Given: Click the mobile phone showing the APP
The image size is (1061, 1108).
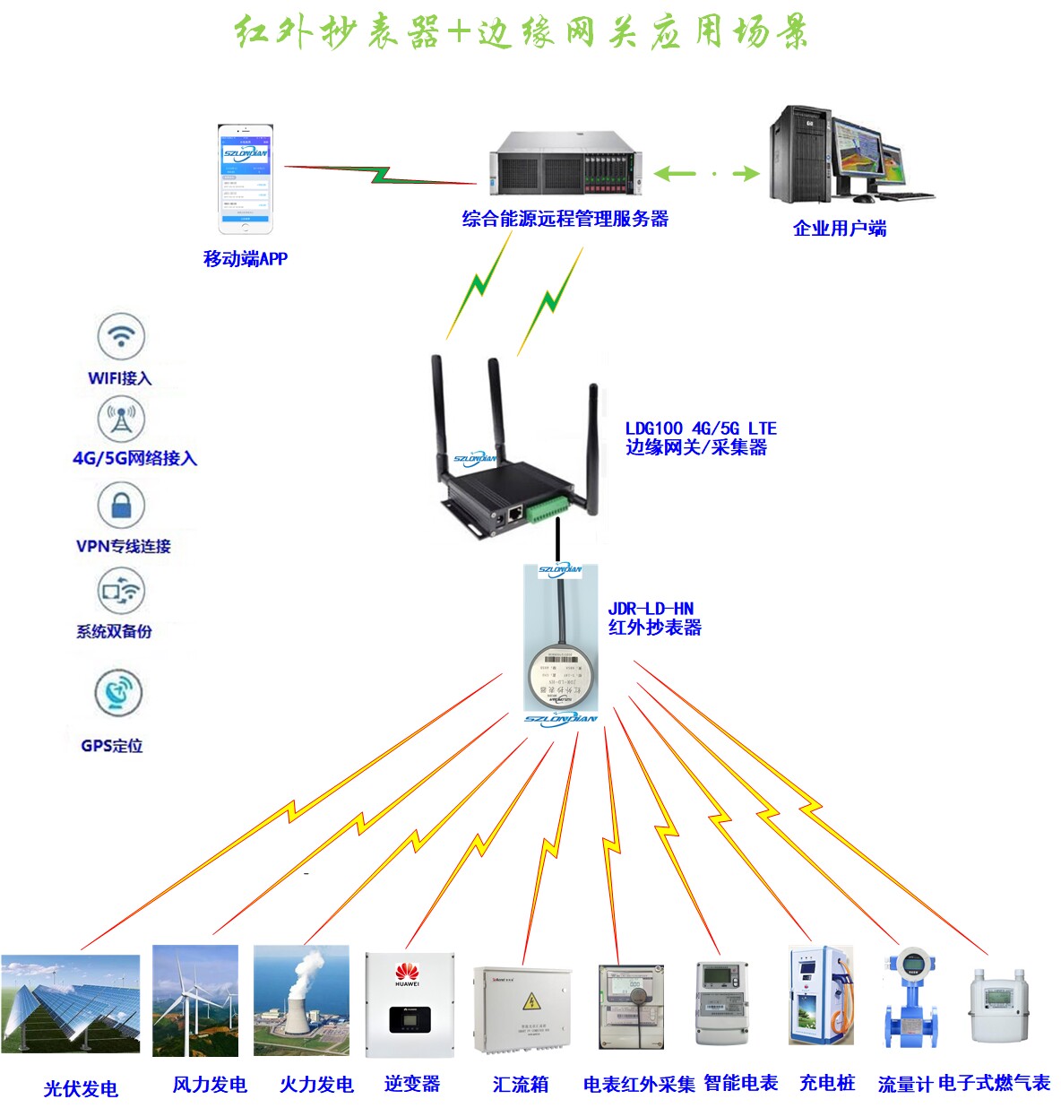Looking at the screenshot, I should coord(245,179).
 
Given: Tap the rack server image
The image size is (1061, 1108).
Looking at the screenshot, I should coord(565,162).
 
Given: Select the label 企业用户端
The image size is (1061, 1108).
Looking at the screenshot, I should coord(840,229).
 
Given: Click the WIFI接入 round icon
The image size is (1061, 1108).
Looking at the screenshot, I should coord(121,337).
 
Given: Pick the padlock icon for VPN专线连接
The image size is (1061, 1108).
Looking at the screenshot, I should coord(121,505).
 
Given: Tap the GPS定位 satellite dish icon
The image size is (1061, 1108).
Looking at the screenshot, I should coord(117,692).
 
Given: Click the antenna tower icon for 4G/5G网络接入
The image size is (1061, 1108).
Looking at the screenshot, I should coord(121,419).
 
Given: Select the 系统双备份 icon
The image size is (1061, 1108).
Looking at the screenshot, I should coord(121,591).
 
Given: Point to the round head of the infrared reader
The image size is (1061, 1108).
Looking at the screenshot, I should coord(560,673).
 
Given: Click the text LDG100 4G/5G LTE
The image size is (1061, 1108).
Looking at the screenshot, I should coord(701,428).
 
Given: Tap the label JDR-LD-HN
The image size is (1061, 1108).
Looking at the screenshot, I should coord(651,609).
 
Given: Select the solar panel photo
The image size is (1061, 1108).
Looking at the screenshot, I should coord(71,1003).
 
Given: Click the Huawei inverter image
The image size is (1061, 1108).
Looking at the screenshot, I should coord(409,1004).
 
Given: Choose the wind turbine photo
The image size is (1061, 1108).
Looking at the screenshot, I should coord(195,1000).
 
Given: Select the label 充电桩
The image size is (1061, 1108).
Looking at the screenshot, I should coord(827,1083).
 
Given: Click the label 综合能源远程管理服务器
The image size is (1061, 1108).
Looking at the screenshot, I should coord(565,219).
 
